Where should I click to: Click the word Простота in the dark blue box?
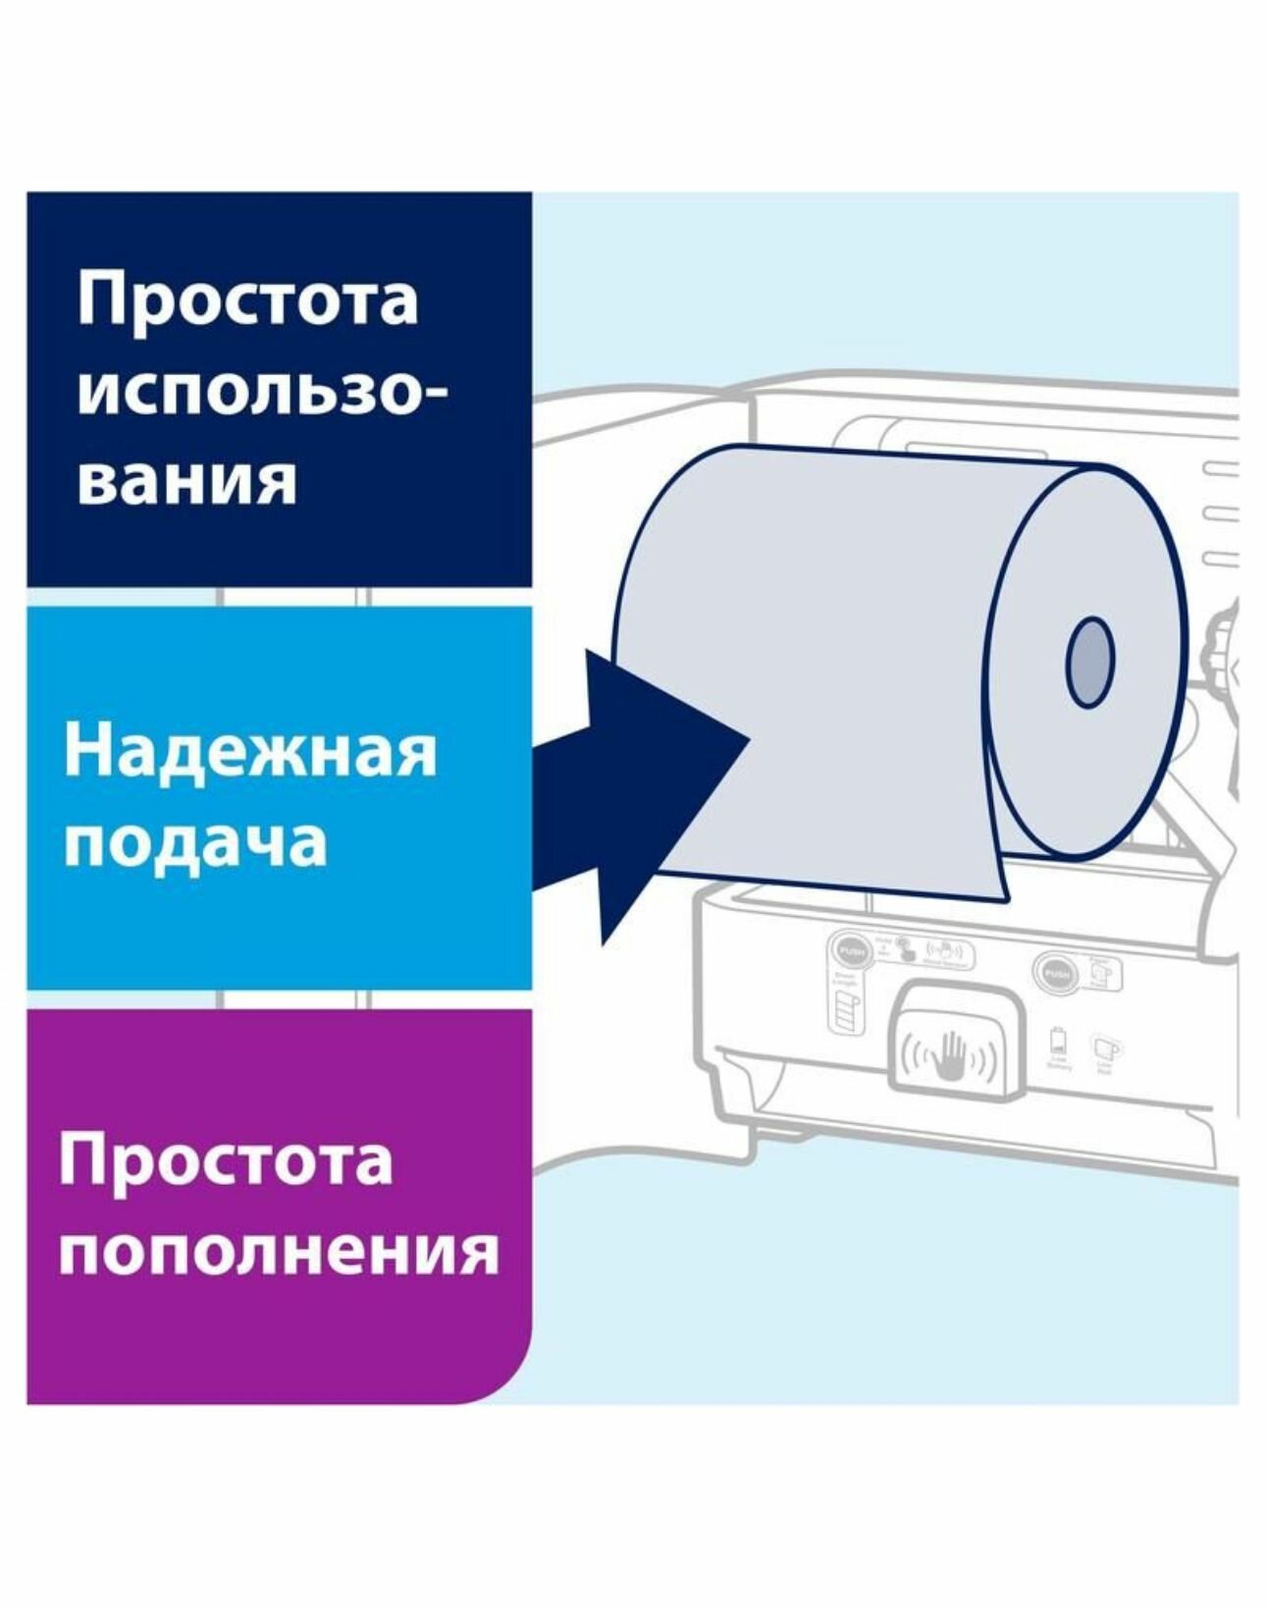click(247, 300)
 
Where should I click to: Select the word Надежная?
click(249, 753)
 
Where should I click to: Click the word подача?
click(194, 842)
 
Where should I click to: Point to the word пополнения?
click(278, 1252)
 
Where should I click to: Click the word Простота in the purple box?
click(226, 1160)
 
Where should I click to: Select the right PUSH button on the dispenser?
click(1056, 974)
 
